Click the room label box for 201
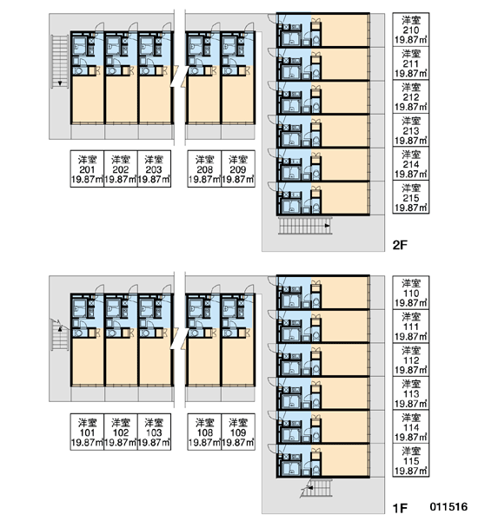click(87, 168)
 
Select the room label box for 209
click(238, 168)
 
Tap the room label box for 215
click(411, 197)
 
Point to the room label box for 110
click(411, 293)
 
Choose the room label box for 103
click(154, 432)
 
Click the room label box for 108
click(204, 432)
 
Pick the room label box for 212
click(411, 96)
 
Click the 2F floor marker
click(400, 245)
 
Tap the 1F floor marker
click(400, 508)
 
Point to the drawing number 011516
click(448, 507)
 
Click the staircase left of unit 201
click(60, 62)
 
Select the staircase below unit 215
click(305, 226)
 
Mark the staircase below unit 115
click(316, 488)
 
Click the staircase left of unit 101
click(60, 334)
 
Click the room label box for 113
click(411, 393)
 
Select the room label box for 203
click(154, 168)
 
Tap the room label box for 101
click(87, 432)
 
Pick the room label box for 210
click(411, 30)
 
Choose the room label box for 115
click(411, 460)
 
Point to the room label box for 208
click(204, 168)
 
